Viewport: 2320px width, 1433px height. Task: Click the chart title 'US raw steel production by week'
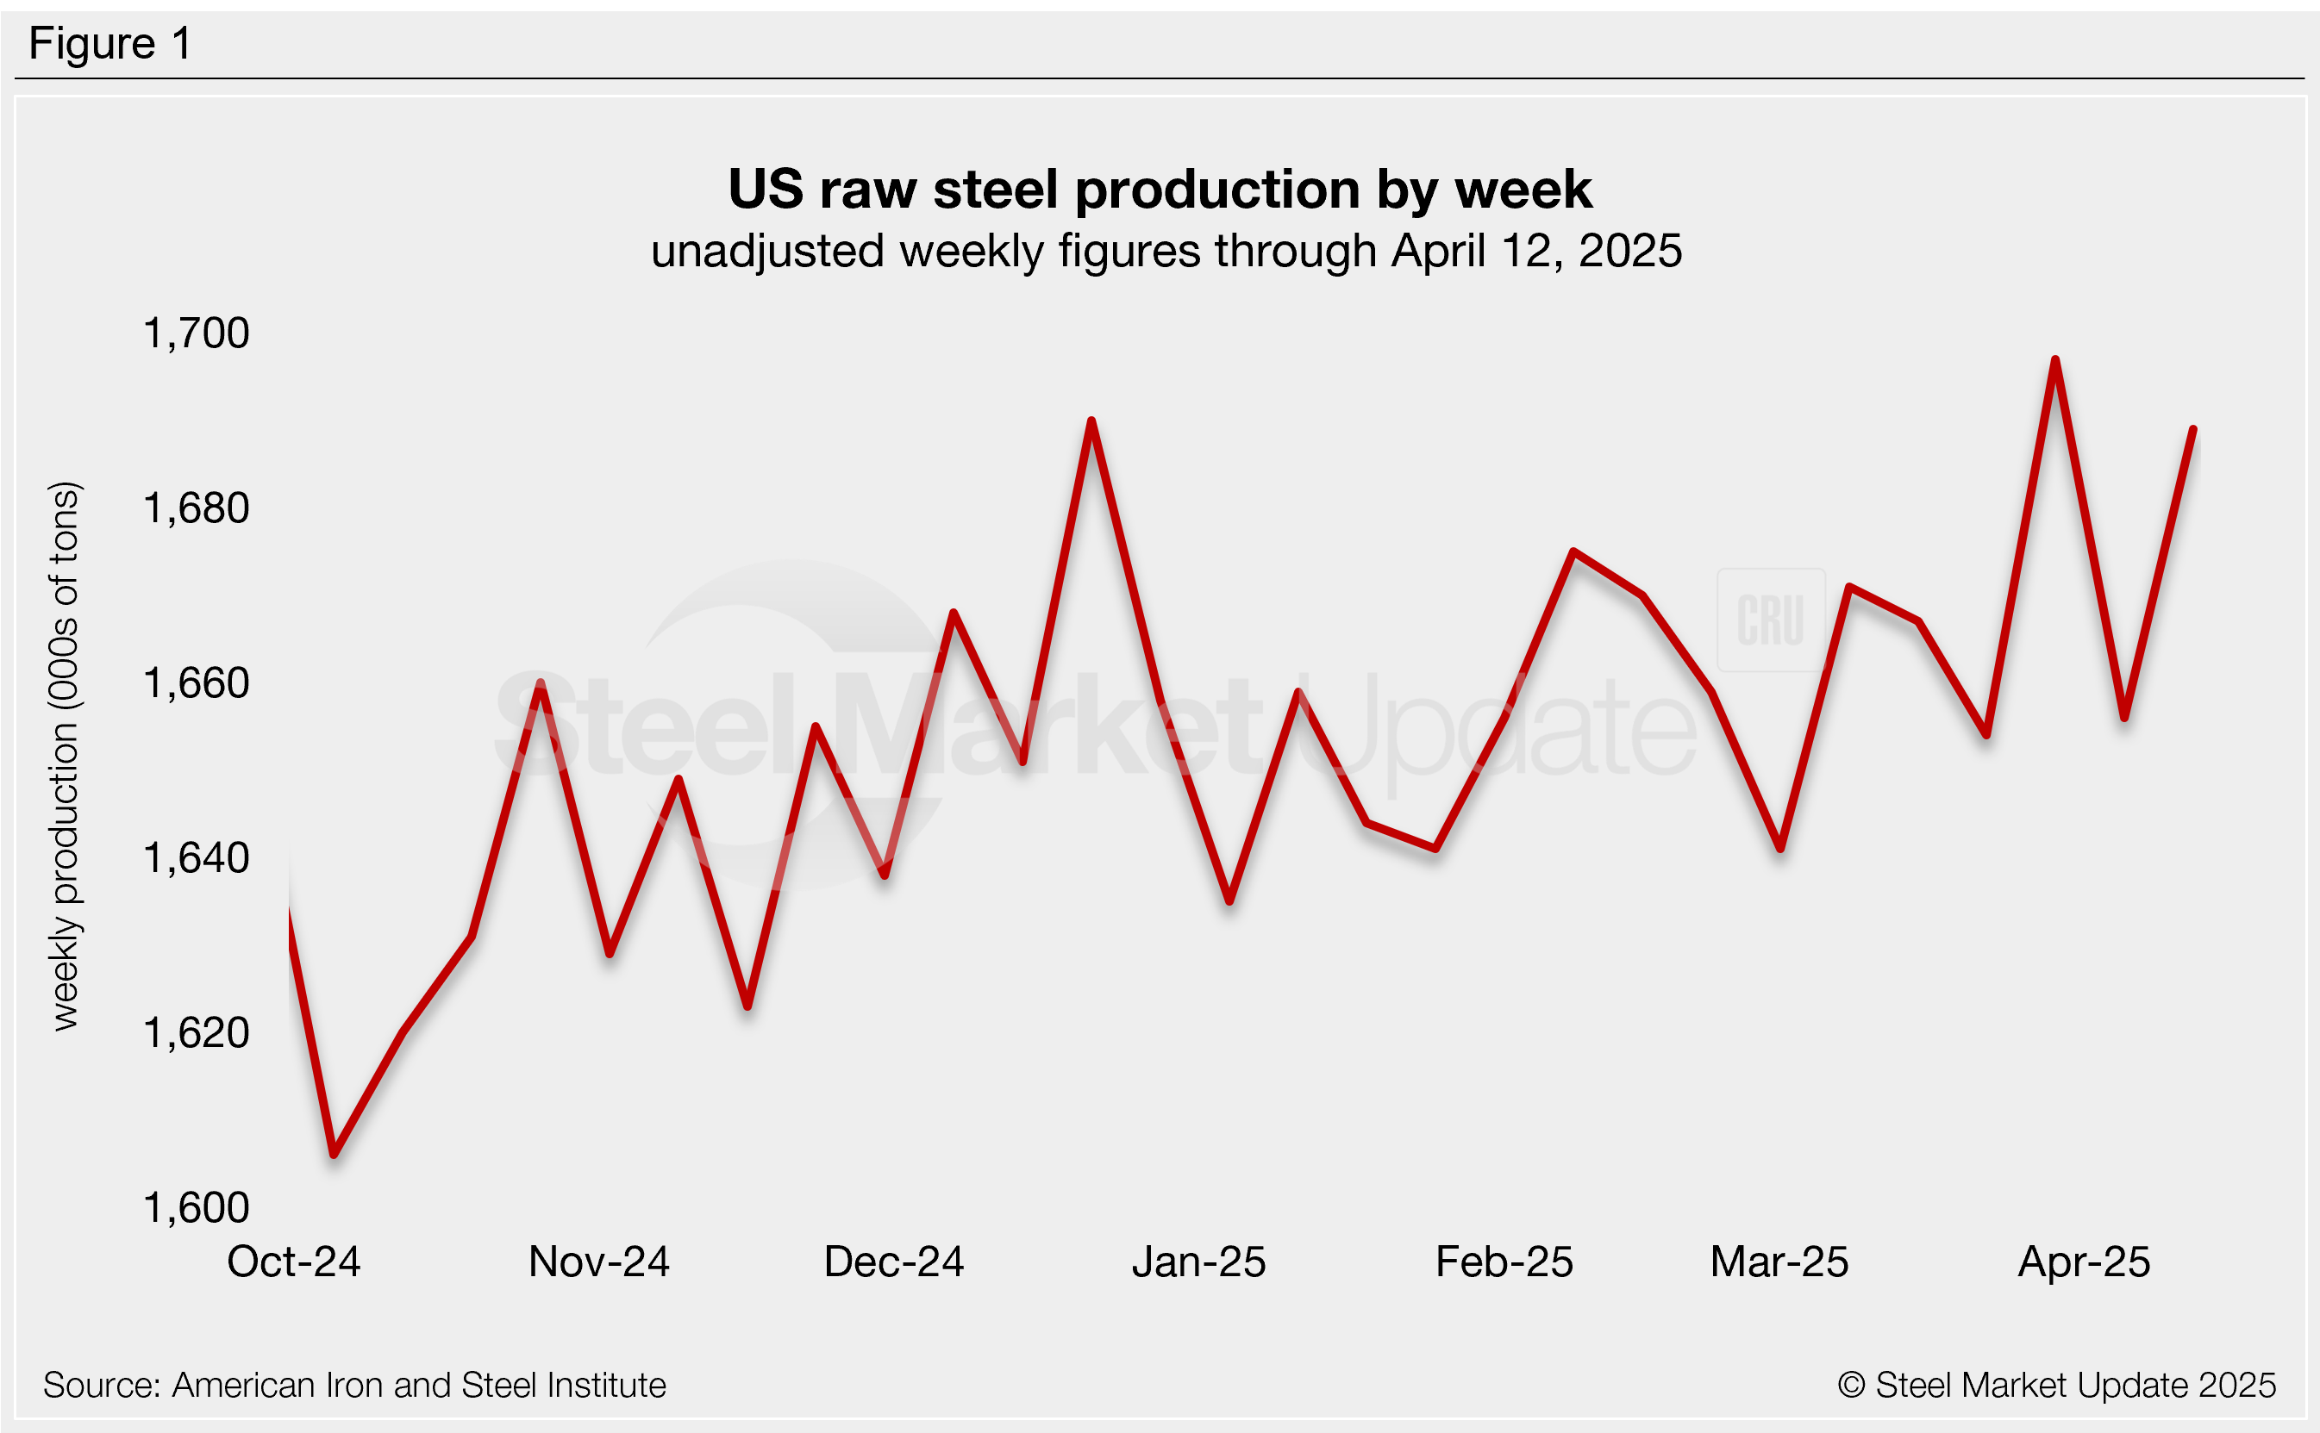[1159, 190]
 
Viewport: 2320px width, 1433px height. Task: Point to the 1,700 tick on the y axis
[196, 333]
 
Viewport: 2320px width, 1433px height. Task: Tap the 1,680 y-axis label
[196, 509]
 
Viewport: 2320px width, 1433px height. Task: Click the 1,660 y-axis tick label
[196, 683]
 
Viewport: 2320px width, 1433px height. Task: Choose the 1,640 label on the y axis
[196, 858]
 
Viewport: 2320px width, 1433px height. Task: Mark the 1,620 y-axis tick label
[196, 1033]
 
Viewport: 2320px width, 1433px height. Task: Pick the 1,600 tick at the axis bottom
[196, 1208]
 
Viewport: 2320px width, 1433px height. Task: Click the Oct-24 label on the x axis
[294, 1262]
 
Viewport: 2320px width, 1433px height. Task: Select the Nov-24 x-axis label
[599, 1262]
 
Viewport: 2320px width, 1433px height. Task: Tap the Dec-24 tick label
[894, 1262]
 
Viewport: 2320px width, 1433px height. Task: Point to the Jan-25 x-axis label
[1198, 1262]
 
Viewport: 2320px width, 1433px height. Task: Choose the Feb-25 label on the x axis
[1504, 1262]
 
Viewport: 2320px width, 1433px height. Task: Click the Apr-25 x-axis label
[2084, 1262]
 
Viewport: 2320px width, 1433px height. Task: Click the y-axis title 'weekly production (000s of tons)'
[65, 757]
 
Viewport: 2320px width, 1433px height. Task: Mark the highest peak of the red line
[2054, 360]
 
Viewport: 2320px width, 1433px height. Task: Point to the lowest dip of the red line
[334, 1155]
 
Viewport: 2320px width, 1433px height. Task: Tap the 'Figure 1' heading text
[110, 44]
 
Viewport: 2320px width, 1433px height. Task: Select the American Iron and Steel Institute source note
[354, 1386]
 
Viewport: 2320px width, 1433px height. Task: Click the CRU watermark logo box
[1770, 620]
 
